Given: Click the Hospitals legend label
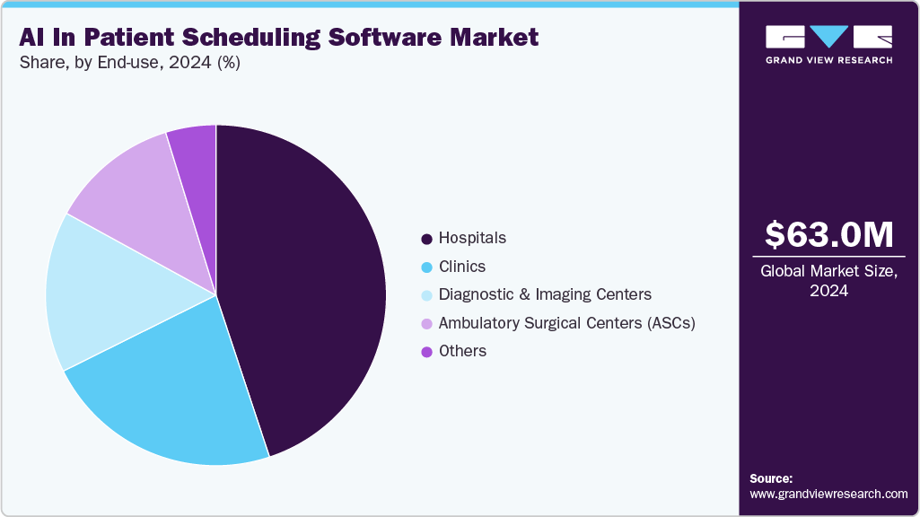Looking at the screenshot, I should coord(472,238).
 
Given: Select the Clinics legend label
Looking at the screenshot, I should coord(462,267).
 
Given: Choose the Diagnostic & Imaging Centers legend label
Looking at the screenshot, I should coord(545,294).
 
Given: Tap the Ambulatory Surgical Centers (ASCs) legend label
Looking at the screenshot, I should coord(567,323).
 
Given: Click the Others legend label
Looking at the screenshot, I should coord(462,351).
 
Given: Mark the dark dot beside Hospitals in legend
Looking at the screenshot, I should coord(427,239).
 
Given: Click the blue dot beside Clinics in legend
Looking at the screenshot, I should coord(427,267).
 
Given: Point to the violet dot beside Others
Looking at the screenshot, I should coord(427,352).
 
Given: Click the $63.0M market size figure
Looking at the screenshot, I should coord(828,234).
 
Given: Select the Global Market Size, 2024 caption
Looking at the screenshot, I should coord(828,280).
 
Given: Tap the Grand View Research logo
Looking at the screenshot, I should coord(828,44).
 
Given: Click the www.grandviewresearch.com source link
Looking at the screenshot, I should coord(828,494).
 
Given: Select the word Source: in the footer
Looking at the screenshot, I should coord(771,478).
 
